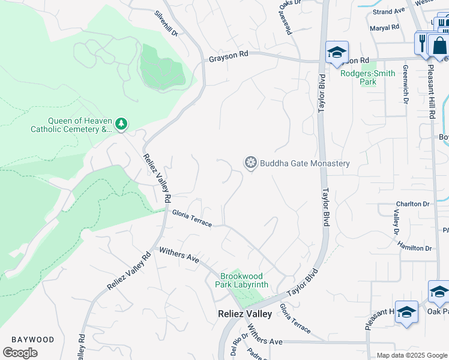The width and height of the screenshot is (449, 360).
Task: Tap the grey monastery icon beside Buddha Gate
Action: tap(250, 163)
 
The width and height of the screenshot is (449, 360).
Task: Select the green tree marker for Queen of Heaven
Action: tap(121, 124)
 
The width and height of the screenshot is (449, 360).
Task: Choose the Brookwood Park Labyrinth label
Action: tap(244, 280)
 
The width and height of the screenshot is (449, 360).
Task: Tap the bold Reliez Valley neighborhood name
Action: tap(244, 314)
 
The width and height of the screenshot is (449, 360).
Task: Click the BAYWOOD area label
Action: tap(32, 340)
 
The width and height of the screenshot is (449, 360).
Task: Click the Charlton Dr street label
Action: tap(412, 204)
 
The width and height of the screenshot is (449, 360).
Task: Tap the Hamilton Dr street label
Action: tap(415, 248)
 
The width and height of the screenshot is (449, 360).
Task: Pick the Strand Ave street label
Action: tap(389, 11)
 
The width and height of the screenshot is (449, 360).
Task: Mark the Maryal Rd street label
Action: tap(385, 28)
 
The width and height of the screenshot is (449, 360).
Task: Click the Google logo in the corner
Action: tap(20, 353)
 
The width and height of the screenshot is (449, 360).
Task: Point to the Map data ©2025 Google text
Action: tap(412, 355)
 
